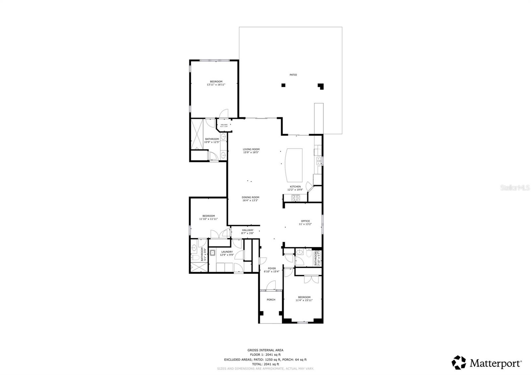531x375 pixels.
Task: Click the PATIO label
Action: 293,75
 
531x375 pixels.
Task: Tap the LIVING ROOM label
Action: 251,149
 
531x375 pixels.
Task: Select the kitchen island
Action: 294,164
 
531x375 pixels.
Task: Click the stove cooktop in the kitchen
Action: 295,198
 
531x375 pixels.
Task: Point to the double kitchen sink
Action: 319,161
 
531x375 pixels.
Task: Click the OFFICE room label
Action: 305,221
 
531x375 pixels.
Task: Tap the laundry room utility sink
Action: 213,253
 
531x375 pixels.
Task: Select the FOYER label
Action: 272,268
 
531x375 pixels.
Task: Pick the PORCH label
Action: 271,300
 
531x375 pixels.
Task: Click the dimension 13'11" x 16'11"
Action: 216,85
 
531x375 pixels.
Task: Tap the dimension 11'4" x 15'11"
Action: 304,300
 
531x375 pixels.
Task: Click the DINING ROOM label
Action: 250,197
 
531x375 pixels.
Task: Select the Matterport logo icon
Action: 459,362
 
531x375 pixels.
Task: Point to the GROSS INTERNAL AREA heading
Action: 265,350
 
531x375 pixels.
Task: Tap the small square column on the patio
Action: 283,85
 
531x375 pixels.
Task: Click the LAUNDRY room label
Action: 227,252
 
